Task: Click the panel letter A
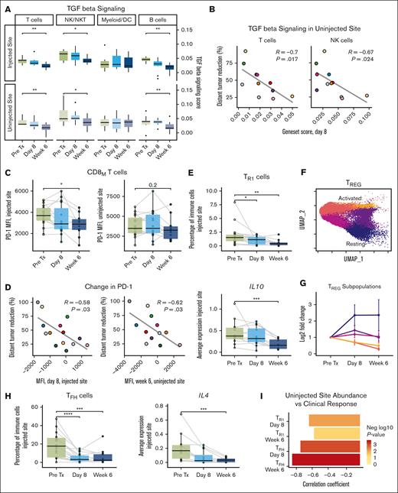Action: pos(5,6)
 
